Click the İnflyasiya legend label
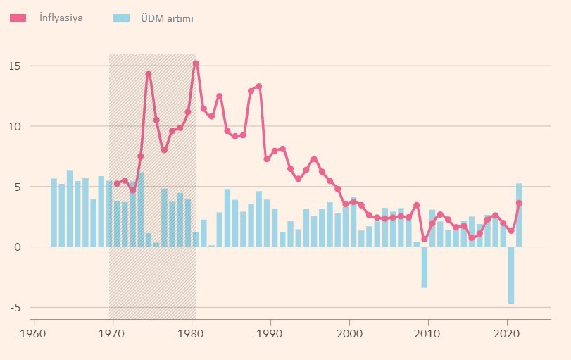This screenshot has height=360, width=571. pos(61,18)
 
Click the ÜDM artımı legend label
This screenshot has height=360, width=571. pos(163,18)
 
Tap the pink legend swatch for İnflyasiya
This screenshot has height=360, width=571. pos(18,18)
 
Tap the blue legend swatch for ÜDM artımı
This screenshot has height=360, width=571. pos(122,18)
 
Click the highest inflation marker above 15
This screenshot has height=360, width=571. pos(196,63)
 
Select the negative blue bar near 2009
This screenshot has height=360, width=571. pos(425,268)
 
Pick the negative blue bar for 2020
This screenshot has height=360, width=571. pos(511,275)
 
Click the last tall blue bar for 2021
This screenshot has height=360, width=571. pos(519,216)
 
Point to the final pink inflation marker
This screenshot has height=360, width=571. pos(519,203)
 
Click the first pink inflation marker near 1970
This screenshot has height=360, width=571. pos(117,184)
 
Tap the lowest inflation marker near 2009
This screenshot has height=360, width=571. pos(425,240)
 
